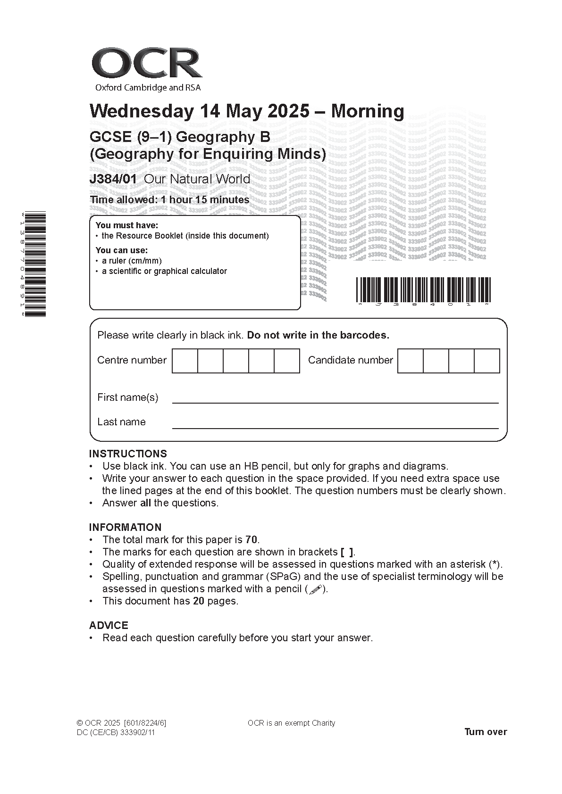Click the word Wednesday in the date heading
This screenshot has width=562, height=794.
pyautogui.click(x=142, y=111)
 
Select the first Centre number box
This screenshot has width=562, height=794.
pyautogui.click(x=185, y=361)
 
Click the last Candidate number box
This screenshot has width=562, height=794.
pyautogui.click(x=487, y=361)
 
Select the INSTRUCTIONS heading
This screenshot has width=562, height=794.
pyautogui.click(x=128, y=454)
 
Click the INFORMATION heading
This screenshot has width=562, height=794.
pyautogui.click(x=125, y=527)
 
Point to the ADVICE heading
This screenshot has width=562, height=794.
pyautogui.click(x=109, y=625)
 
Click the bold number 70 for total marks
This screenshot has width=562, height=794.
pyautogui.click(x=252, y=539)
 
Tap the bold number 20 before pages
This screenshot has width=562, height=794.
pyautogui.click(x=198, y=601)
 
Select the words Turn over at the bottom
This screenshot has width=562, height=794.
pyautogui.click(x=486, y=732)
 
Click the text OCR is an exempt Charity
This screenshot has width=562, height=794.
pyautogui.click(x=291, y=723)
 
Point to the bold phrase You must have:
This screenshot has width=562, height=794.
pyautogui.click(x=127, y=225)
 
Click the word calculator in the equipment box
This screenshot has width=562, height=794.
pyautogui.click(x=209, y=271)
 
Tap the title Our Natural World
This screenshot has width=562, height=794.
pyautogui.click(x=197, y=179)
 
